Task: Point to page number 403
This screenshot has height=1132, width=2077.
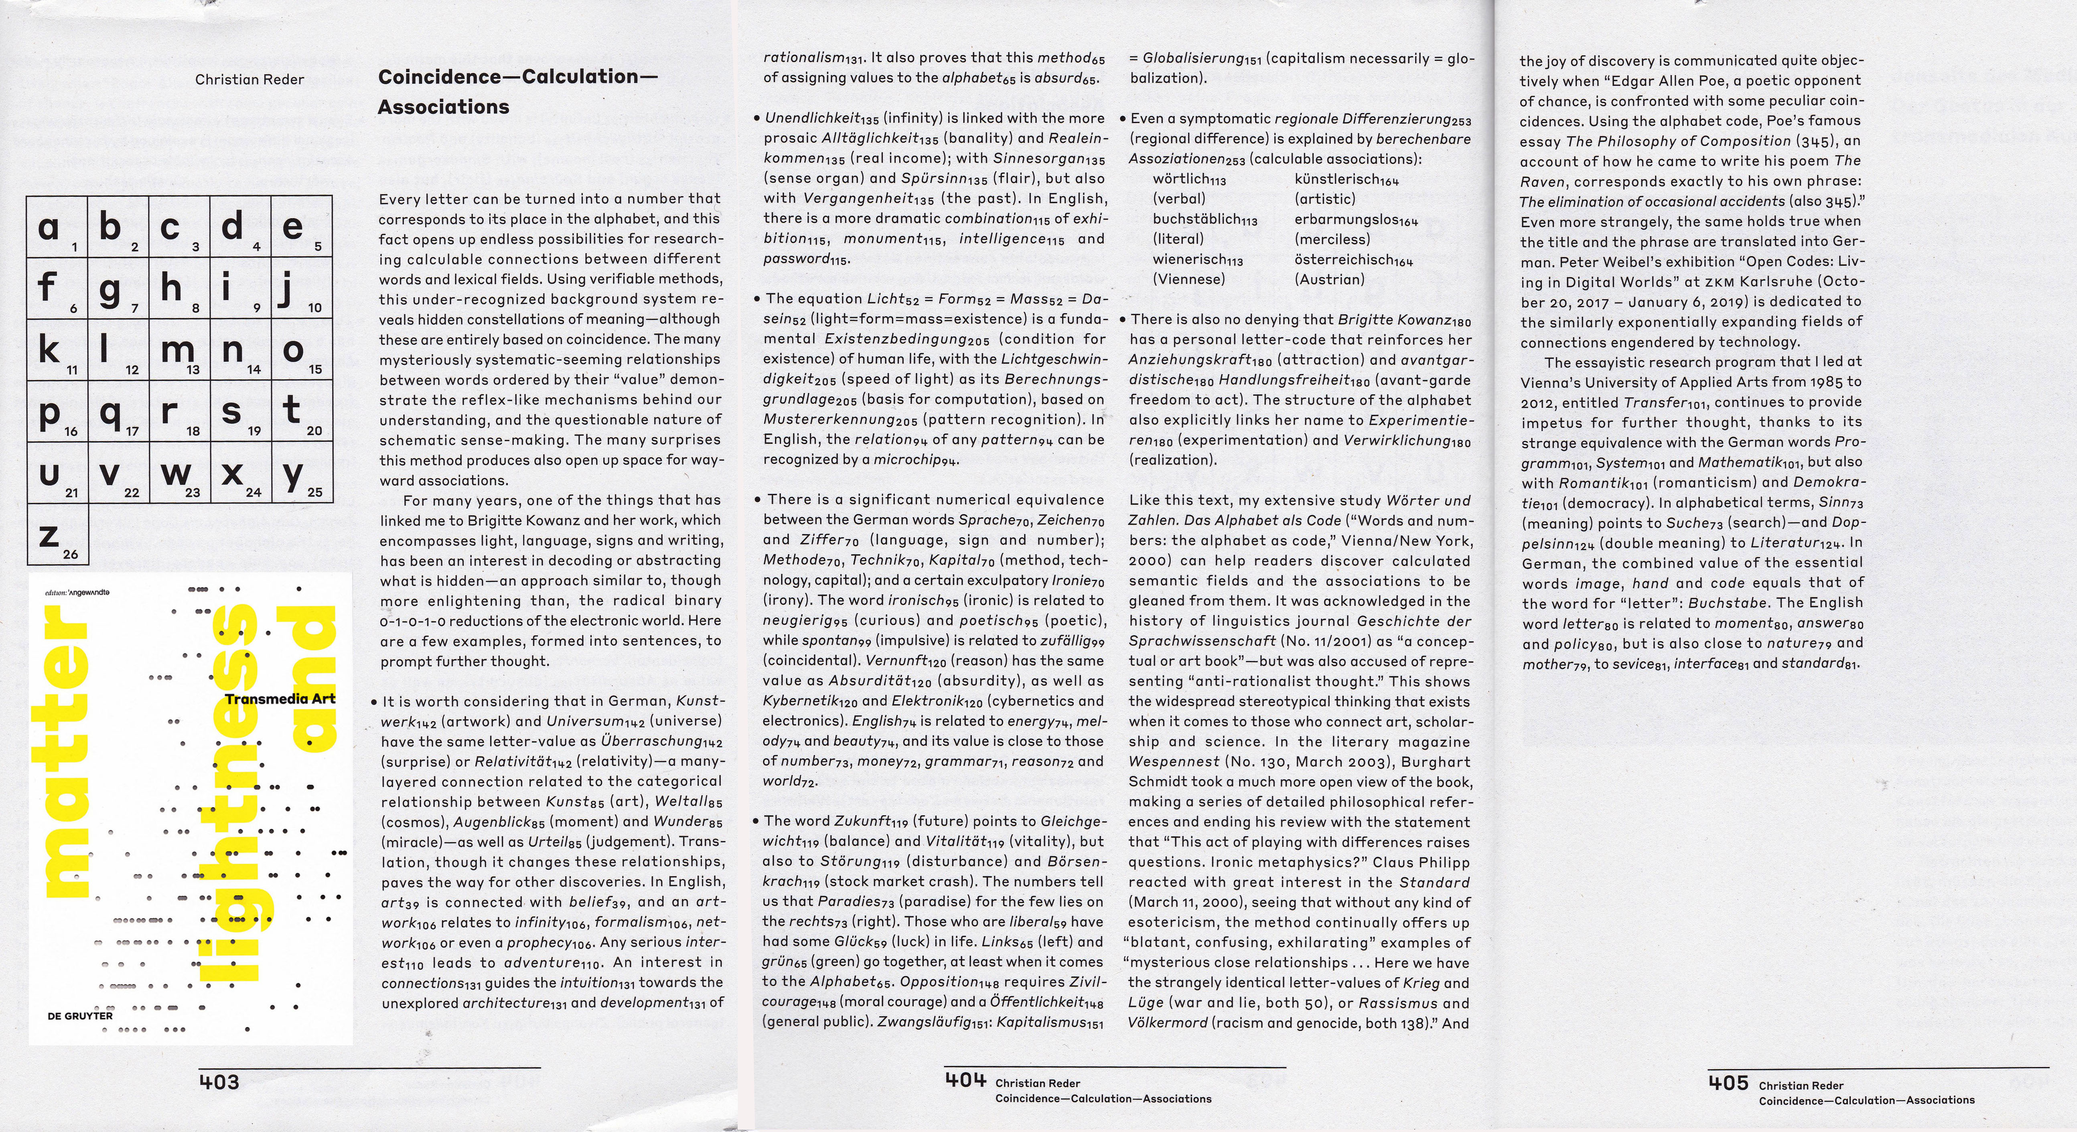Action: click(219, 1082)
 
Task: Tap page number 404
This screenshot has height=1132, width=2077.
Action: click(965, 1079)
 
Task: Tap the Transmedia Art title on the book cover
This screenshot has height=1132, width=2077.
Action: click(280, 699)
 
